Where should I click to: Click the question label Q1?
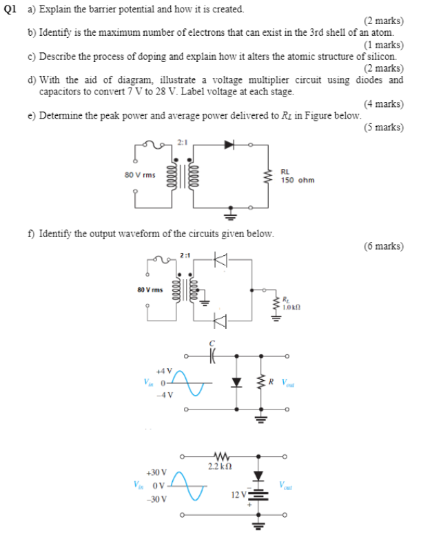coord(10,9)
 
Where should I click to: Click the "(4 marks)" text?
coord(383,104)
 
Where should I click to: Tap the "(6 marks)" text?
coord(383,245)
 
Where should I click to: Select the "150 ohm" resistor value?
coord(297,180)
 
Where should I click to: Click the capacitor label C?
coord(213,343)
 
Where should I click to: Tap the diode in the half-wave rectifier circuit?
coord(228,145)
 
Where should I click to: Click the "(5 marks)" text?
coord(383,128)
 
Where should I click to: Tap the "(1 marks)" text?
coord(383,45)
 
